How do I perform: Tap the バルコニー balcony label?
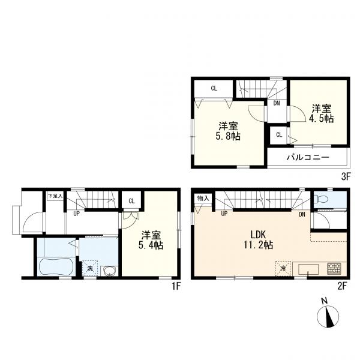(x=307, y=156)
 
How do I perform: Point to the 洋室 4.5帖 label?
(x=322, y=113)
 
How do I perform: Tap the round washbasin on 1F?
(x=109, y=269)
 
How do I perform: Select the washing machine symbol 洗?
(x=89, y=268)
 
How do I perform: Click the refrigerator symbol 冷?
(x=282, y=267)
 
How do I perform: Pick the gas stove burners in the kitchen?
(x=333, y=267)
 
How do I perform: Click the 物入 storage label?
(x=203, y=199)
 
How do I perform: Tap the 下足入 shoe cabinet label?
(x=55, y=196)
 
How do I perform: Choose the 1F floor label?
(x=175, y=286)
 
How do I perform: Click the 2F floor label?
(x=342, y=286)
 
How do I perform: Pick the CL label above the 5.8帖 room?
(x=214, y=88)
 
